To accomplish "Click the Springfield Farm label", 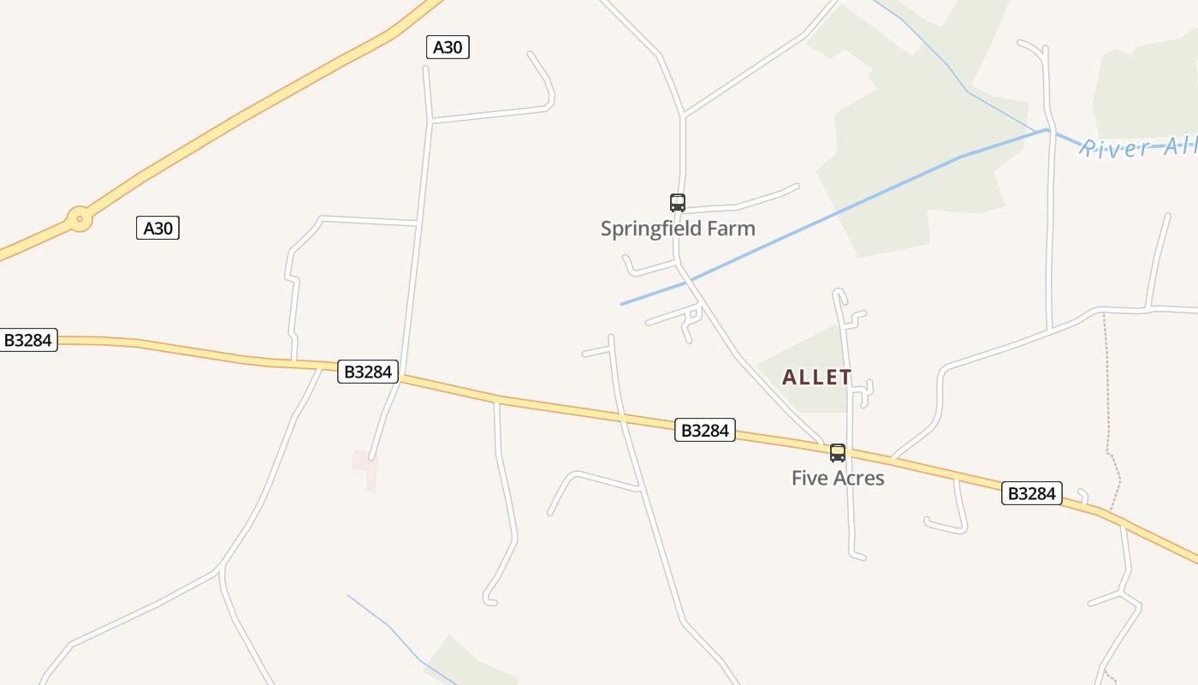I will [x=678, y=229].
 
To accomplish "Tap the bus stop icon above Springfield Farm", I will [x=678, y=203].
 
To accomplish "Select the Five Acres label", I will [x=838, y=478].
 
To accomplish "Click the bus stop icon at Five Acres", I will [x=838, y=453].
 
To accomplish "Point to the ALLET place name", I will [x=817, y=378].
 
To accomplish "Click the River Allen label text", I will [x=1137, y=148].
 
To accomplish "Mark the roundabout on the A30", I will [x=80, y=219].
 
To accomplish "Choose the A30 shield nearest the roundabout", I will [x=157, y=229].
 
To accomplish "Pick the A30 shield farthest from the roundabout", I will [x=448, y=47].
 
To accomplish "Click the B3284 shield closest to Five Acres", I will [x=705, y=430].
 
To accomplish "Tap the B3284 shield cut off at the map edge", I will [x=28, y=340].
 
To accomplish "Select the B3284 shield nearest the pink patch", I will [x=368, y=372].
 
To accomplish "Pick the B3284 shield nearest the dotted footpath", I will [x=1032, y=493].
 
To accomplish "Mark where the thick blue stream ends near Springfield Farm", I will [x=623, y=304].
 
